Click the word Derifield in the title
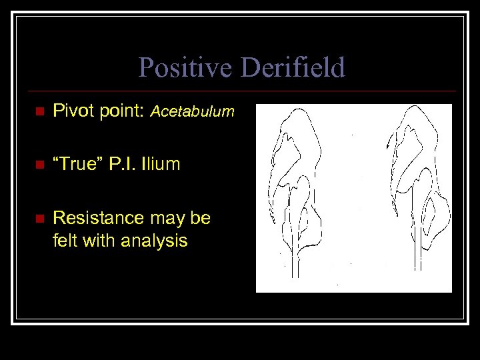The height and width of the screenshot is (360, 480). [293, 68]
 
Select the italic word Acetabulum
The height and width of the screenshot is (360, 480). [193, 112]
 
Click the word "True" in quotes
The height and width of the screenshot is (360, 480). [75, 164]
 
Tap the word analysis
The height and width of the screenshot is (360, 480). [155, 241]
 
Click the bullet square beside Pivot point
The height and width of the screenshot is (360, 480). [39, 111]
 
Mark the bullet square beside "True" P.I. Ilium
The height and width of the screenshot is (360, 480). [39, 165]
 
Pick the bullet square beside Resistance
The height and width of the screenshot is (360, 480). [39, 219]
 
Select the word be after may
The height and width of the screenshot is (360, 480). [201, 218]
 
